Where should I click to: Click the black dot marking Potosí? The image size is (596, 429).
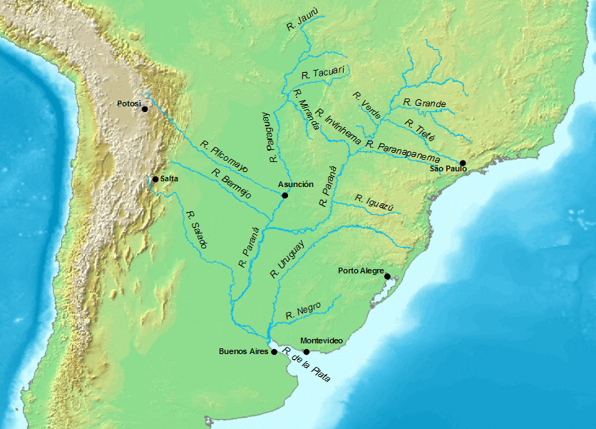(145, 109)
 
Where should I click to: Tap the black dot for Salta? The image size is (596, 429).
(155, 178)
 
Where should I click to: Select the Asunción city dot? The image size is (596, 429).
(284, 195)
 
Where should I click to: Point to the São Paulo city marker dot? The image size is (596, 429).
(462, 163)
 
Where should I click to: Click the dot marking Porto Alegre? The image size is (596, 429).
(387, 276)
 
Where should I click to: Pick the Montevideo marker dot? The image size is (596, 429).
(307, 351)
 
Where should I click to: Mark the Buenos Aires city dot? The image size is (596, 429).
(274, 352)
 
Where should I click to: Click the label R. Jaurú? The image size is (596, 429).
(301, 24)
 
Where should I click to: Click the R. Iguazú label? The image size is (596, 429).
(374, 203)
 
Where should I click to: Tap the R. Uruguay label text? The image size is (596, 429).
(287, 258)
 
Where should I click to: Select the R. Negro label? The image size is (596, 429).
(302, 311)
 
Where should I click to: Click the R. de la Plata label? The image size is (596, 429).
(307, 364)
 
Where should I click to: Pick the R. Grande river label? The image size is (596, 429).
(424, 103)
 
